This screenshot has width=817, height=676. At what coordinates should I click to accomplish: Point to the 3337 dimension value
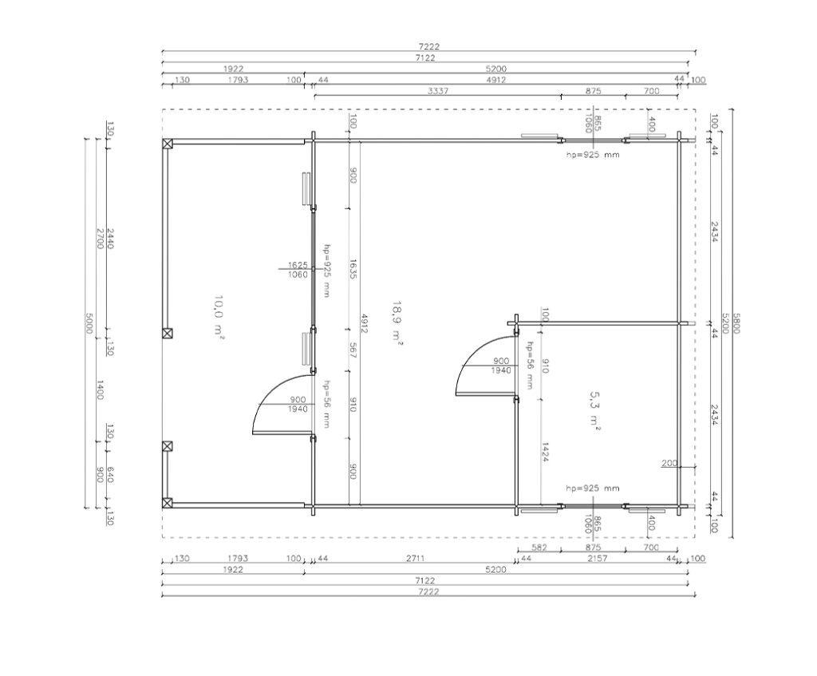pyautogui.click(x=438, y=91)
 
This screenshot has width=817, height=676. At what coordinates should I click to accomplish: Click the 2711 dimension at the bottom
pyautogui.click(x=415, y=558)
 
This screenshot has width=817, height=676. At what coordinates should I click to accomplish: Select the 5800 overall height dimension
pyautogui.click(x=736, y=323)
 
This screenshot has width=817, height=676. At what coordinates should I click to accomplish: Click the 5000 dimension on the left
pyautogui.click(x=89, y=323)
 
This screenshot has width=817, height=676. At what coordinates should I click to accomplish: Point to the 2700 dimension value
pyautogui.click(x=100, y=238)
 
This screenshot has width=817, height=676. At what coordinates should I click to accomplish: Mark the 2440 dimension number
pyautogui.click(x=110, y=238)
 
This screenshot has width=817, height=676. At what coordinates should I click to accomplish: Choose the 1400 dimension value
pyautogui.click(x=100, y=389)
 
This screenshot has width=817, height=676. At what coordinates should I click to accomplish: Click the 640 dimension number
pyautogui.click(x=110, y=474)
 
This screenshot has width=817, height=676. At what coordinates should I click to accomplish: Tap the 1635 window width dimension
pyautogui.click(x=353, y=269)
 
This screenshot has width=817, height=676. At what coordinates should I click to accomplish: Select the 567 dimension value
pyautogui.click(x=353, y=350)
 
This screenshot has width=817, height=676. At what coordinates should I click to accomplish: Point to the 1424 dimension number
pyautogui.click(x=545, y=452)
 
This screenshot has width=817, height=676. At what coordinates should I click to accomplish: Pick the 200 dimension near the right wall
pyautogui.click(x=669, y=463)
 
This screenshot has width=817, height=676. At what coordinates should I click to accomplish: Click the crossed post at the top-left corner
pyautogui.click(x=168, y=144)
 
